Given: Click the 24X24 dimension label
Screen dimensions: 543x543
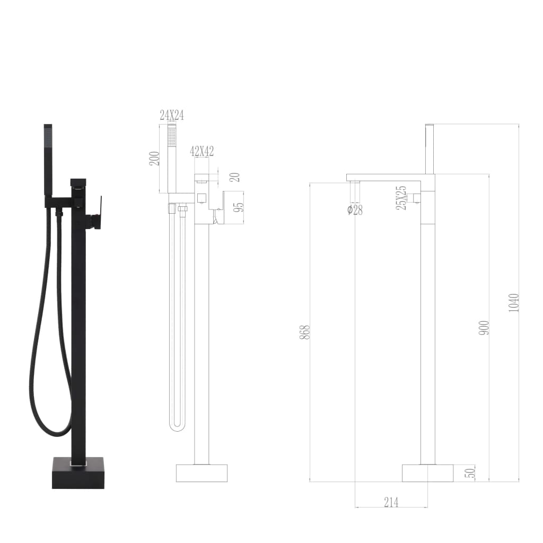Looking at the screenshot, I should point(172,115).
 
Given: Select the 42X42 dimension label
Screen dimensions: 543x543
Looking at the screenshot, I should point(202,151).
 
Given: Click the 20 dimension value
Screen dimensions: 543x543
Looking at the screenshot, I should point(235,178).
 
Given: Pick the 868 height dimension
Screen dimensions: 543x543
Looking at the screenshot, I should point(304,332).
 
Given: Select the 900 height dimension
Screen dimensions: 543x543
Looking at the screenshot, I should point(484,328).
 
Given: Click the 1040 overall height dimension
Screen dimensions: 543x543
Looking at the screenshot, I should point(514,302).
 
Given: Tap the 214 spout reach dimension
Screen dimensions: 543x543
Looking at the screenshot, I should point(391,502).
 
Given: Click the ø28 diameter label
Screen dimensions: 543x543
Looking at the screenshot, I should point(355,210).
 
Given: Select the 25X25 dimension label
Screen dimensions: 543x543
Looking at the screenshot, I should point(401,198).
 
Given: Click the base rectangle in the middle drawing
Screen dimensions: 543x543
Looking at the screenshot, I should point(202,473).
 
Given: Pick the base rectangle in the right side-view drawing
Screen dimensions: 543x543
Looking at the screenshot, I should point(427,473).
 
